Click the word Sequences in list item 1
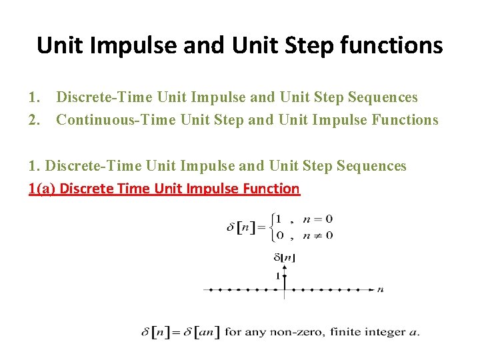click(383, 97)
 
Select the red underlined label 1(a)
click(43, 189)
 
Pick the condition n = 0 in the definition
click(317, 219)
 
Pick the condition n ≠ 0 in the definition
click(317, 235)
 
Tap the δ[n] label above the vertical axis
click(285, 257)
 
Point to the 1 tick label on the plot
click(277, 275)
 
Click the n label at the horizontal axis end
click(380, 289)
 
